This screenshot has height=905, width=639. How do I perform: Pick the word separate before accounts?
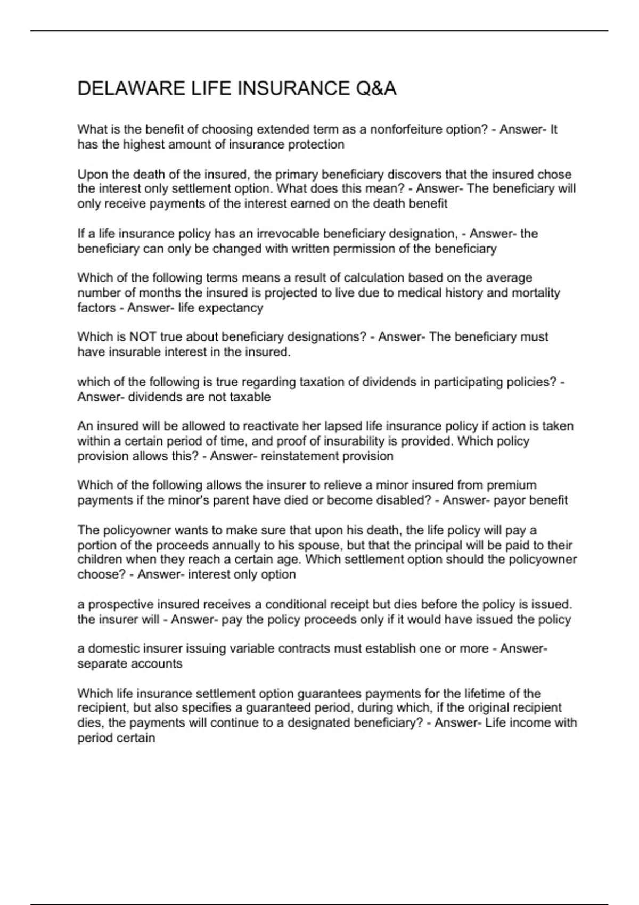point(101,664)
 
